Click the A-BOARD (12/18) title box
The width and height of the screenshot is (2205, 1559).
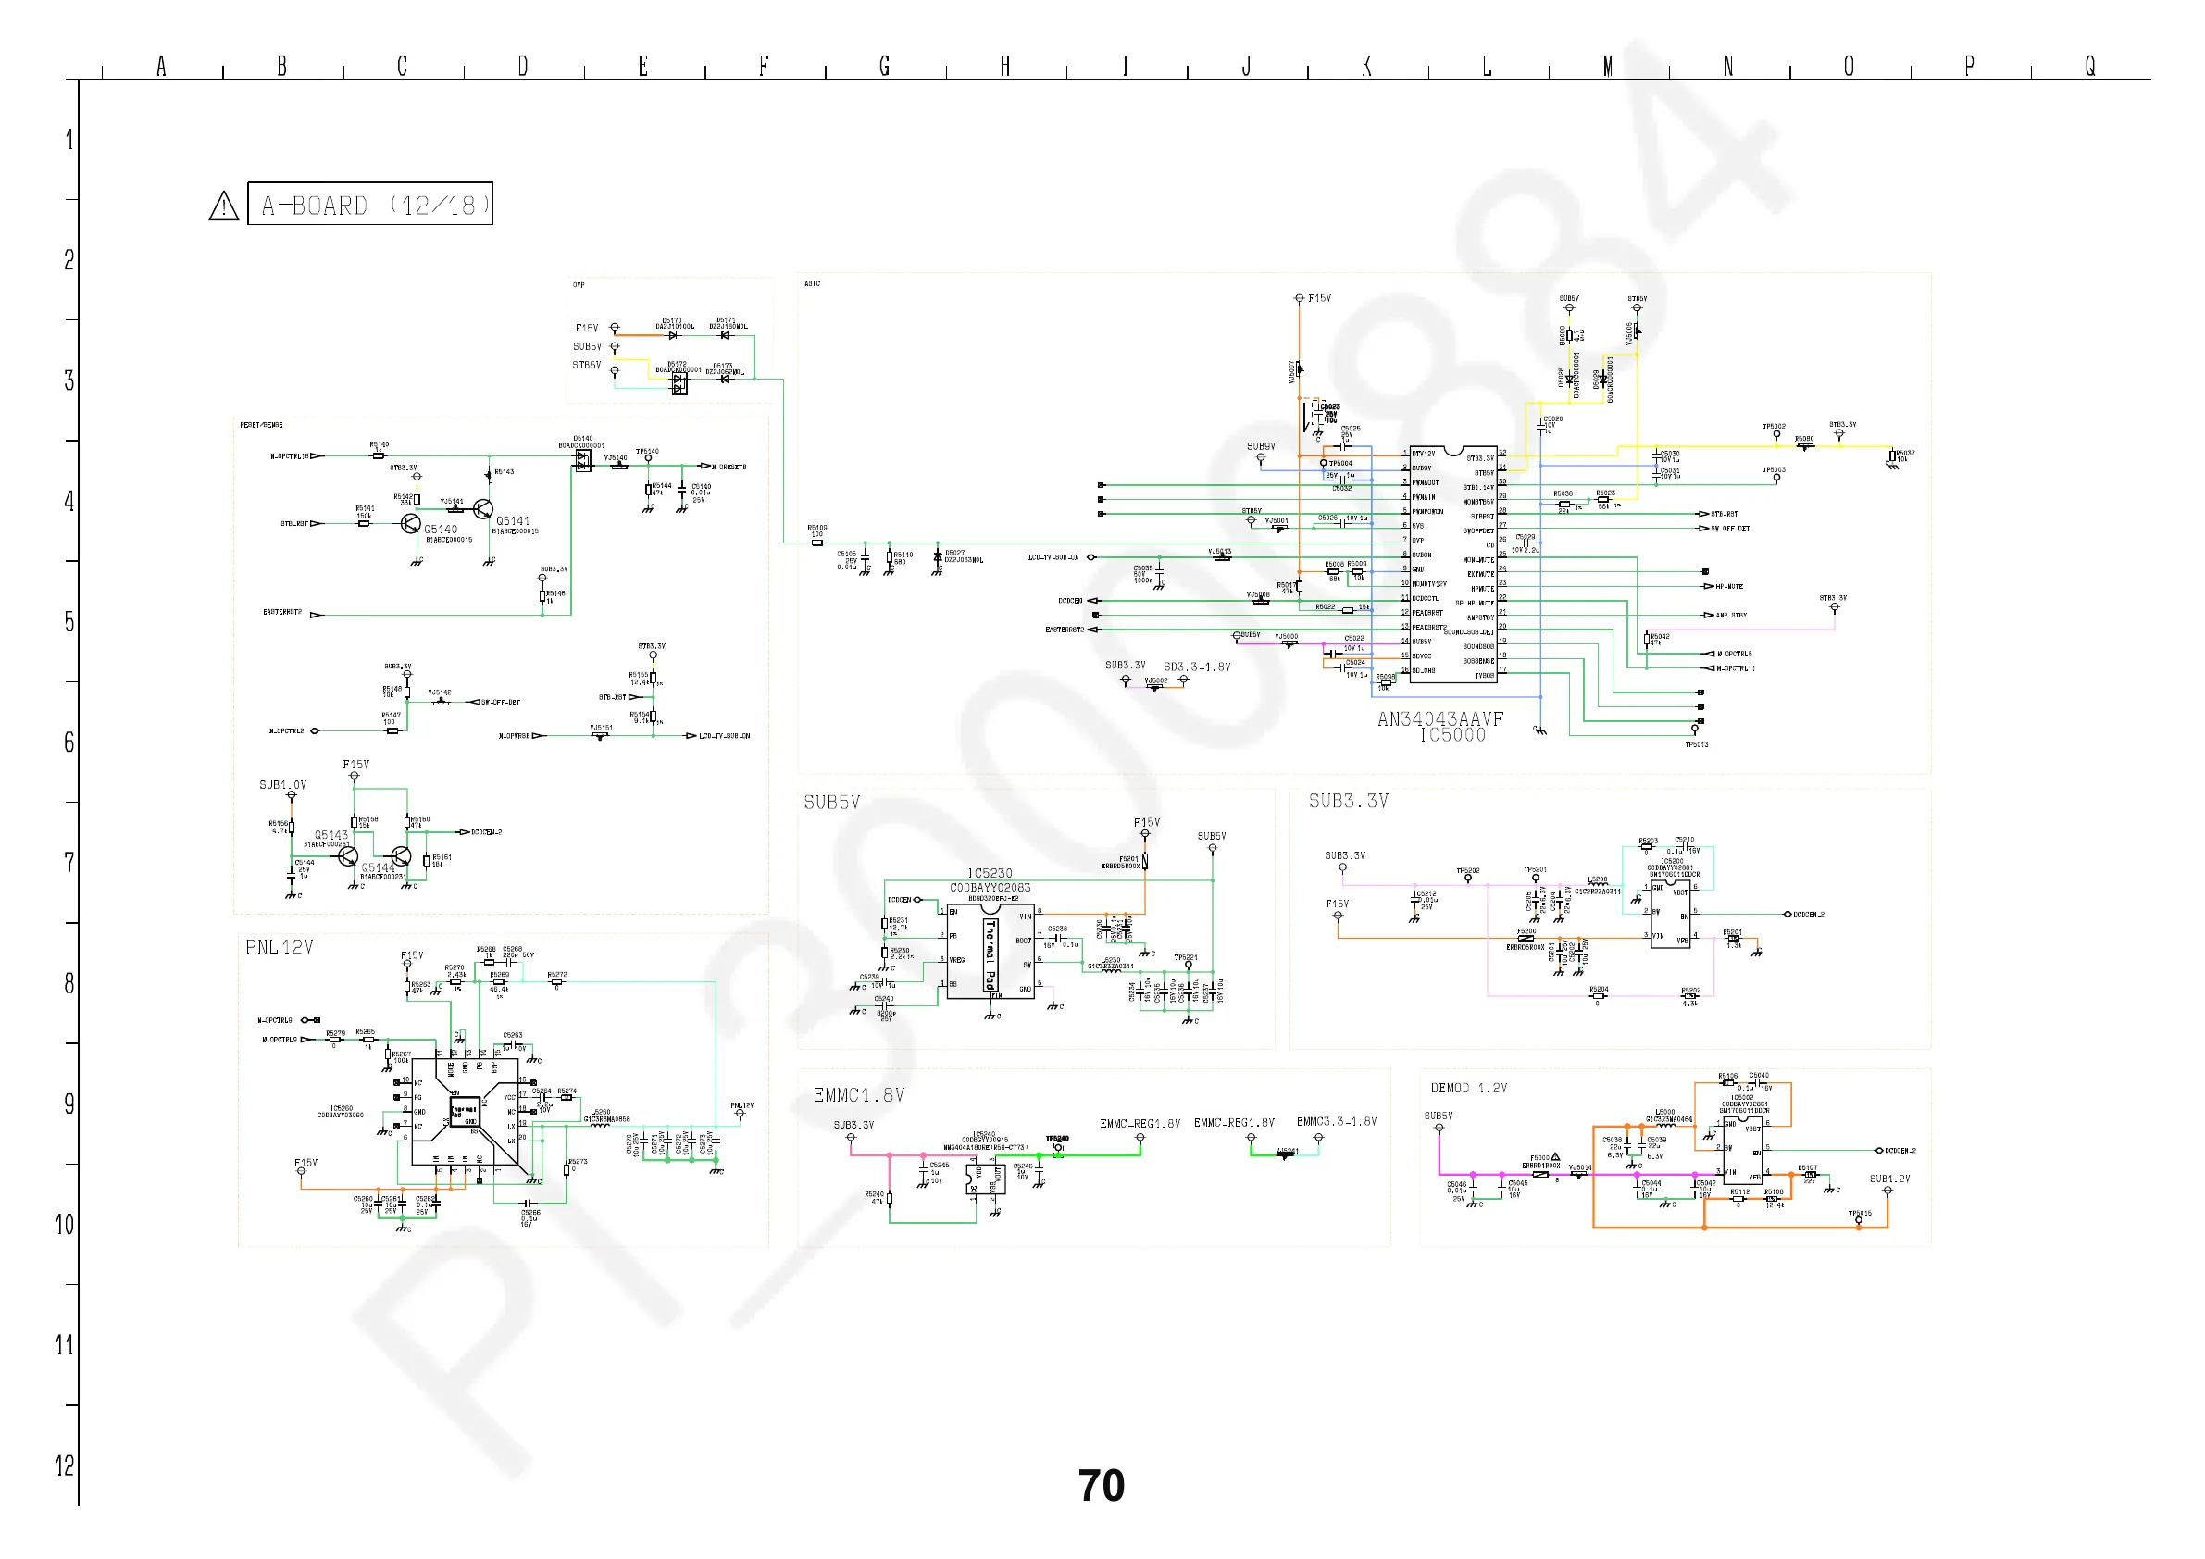(369, 204)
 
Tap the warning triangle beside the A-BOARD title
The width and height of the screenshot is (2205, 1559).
(224, 206)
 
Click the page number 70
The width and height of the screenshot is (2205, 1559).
(1101, 1485)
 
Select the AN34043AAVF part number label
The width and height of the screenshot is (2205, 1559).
(1439, 719)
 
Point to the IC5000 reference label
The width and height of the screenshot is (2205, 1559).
(1452, 736)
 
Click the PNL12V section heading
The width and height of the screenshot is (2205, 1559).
(279, 947)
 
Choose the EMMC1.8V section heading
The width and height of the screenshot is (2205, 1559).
(858, 1095)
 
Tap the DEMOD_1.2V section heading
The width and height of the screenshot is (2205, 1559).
(1468, 1089)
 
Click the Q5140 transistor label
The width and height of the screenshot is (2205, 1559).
(441, 530)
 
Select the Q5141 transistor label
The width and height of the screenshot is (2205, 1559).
(513, 520)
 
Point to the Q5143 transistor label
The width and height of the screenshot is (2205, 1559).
(331, 835)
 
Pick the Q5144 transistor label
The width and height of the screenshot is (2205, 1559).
(378, 867)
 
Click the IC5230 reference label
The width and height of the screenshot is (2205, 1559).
(990, 873)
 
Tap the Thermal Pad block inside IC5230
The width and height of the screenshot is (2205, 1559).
(990, 954)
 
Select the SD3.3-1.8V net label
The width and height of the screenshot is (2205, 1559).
(1197, 667)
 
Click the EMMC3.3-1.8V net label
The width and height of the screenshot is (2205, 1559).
(1336, 1122)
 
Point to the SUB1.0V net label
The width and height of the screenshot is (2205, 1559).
(282, 785)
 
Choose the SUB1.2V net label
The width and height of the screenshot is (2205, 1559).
(1889, 1179)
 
